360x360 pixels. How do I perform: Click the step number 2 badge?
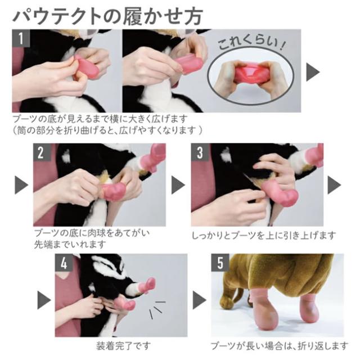(x=41, y=152)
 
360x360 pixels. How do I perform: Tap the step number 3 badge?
(x=200, y=152)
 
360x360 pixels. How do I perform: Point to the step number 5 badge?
(x=219, y=262)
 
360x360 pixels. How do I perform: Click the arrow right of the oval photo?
(x=313, y=72)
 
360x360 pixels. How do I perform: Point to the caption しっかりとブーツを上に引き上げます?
(x=264, y=235)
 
